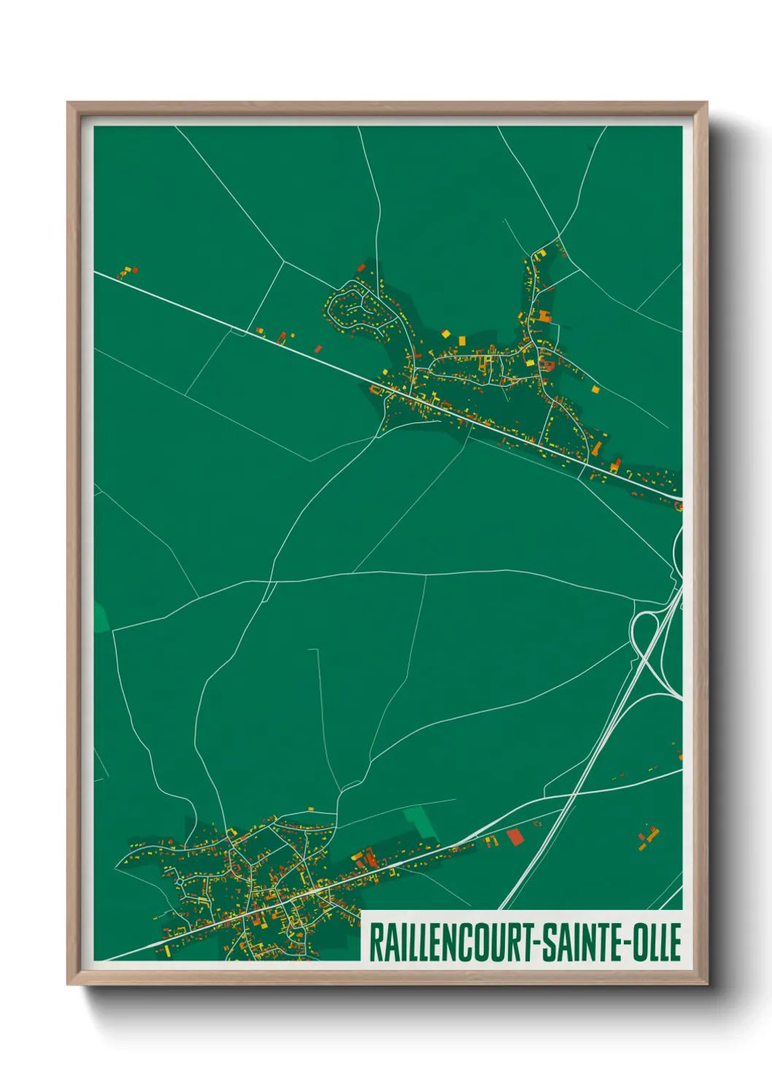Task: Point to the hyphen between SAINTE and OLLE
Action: (x=625, y=943)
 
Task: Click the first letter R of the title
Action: (x=376, y=942)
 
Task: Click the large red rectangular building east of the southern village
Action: (x=515, y=837)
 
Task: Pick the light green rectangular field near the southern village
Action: (x=420, y=821)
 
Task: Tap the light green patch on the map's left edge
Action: (x=100, y=617)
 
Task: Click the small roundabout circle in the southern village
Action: (x=179, y=882)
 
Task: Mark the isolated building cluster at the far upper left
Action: (x=128, y=272)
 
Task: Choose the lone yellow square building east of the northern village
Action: (x=595, y=390)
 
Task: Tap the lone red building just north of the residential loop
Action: (x=360, y=268)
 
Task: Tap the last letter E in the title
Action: (x=676, y=942)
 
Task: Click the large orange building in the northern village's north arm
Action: (x=544, y=315)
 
